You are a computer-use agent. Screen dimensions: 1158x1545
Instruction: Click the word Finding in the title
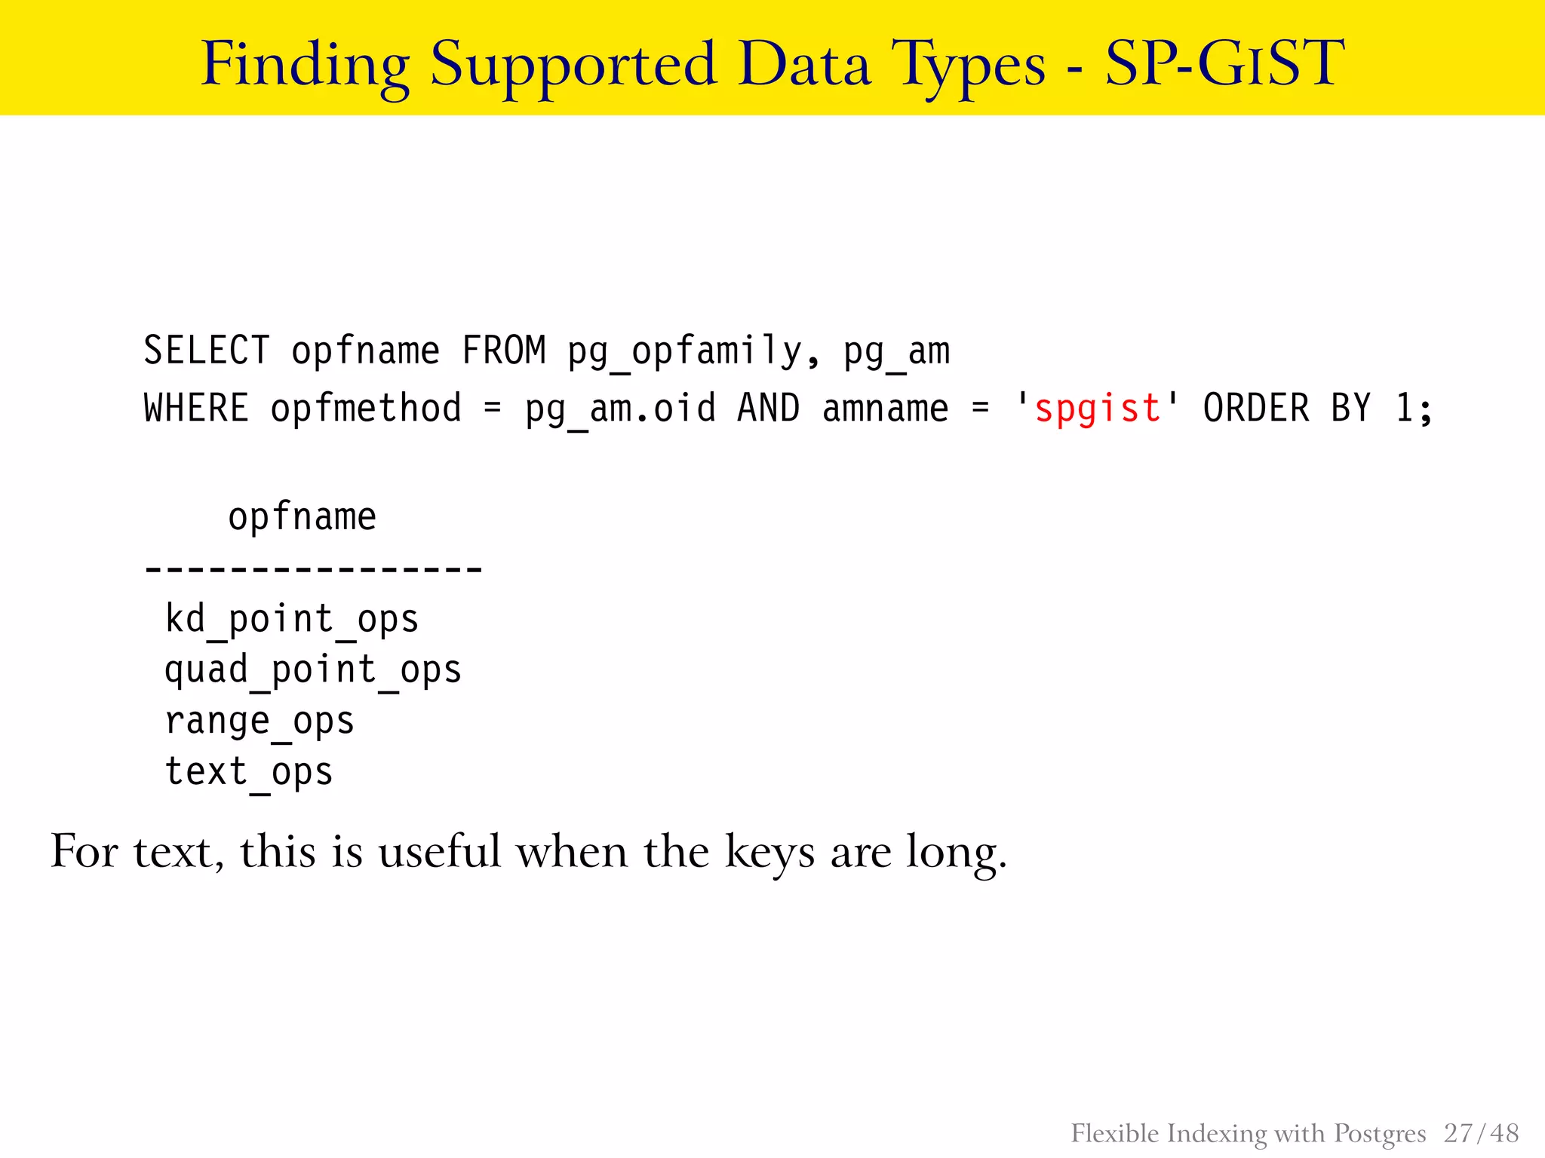click(305, 65)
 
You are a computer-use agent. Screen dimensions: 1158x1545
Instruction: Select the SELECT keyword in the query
click(206, 351)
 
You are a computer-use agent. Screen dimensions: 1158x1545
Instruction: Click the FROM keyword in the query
click(503, 351)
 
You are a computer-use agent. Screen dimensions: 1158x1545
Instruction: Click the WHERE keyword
click(196, 409)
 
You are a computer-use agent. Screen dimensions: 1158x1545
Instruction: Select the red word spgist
click(1097, 409)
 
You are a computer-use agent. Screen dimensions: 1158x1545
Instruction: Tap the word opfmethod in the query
click(366, 409)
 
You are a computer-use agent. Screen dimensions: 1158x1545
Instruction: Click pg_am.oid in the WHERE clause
click(620, 409)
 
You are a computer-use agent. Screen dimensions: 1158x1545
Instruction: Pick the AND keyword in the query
click(768, 409)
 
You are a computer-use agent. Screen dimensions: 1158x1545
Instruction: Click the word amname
click(885, 409)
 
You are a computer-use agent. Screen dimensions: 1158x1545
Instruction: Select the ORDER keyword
click(1256, 409)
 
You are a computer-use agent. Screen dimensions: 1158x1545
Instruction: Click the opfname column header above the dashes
click(302, 517)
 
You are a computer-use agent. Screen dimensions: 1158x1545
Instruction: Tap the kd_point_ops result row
click(291, 620)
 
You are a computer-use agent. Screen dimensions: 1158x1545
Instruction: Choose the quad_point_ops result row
click(312, 670)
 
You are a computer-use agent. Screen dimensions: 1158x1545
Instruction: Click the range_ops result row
click(260, 721)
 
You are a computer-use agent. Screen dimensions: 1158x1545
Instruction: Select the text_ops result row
click(249, 773)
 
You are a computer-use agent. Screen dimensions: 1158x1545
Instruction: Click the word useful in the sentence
click(440, 852)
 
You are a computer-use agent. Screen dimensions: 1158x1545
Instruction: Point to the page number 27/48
click(1481, 1133)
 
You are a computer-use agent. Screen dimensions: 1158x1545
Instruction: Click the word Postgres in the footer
click(1380, 1134)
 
